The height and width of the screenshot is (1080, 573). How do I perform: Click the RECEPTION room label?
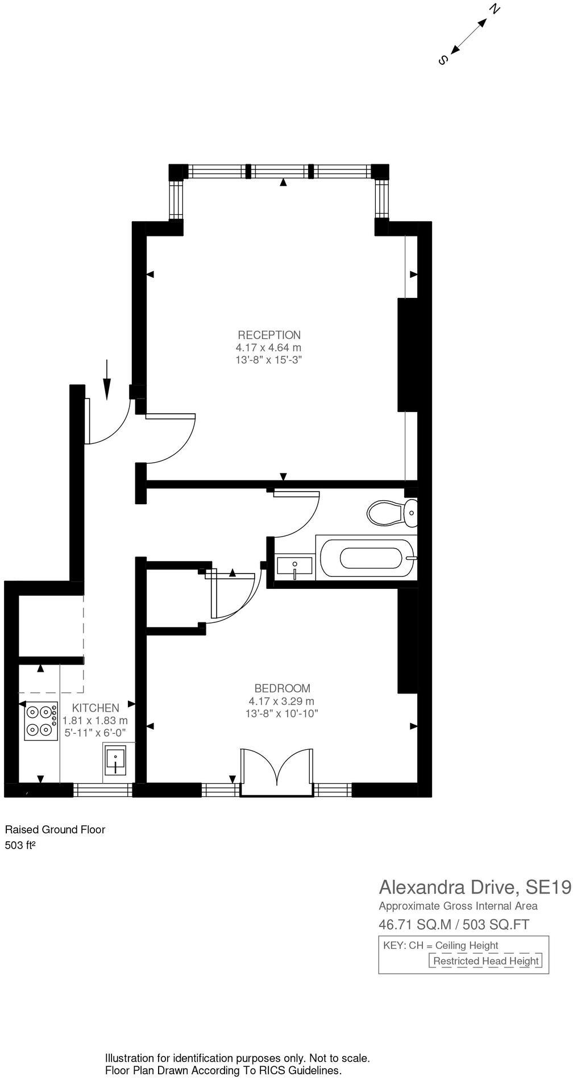point(269,335)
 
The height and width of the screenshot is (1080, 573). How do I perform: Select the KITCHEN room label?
point(95,708)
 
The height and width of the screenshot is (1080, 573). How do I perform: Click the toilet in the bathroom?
point(391,513)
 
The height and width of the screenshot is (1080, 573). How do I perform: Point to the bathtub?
point(367,558)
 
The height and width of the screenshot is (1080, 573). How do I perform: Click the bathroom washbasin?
point(294,567)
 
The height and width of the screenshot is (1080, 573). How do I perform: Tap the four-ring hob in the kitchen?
point(41,721)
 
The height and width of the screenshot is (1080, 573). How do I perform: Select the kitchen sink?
point(115,761)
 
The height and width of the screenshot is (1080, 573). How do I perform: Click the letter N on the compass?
point(495,10)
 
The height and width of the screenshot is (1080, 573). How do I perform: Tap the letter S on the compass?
point(443,60)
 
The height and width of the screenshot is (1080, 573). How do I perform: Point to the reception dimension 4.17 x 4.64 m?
point(268,347)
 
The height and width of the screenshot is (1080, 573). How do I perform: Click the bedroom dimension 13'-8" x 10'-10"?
point(281,713)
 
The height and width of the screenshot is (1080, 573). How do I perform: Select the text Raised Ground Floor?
point(55,829)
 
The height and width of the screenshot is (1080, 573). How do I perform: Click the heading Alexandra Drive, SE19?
point(475,887)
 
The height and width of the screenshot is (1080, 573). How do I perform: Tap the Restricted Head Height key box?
point(485,961)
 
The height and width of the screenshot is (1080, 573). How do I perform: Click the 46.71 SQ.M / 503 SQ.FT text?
point(454,925)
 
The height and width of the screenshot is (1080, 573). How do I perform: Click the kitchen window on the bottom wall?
point(103,790)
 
